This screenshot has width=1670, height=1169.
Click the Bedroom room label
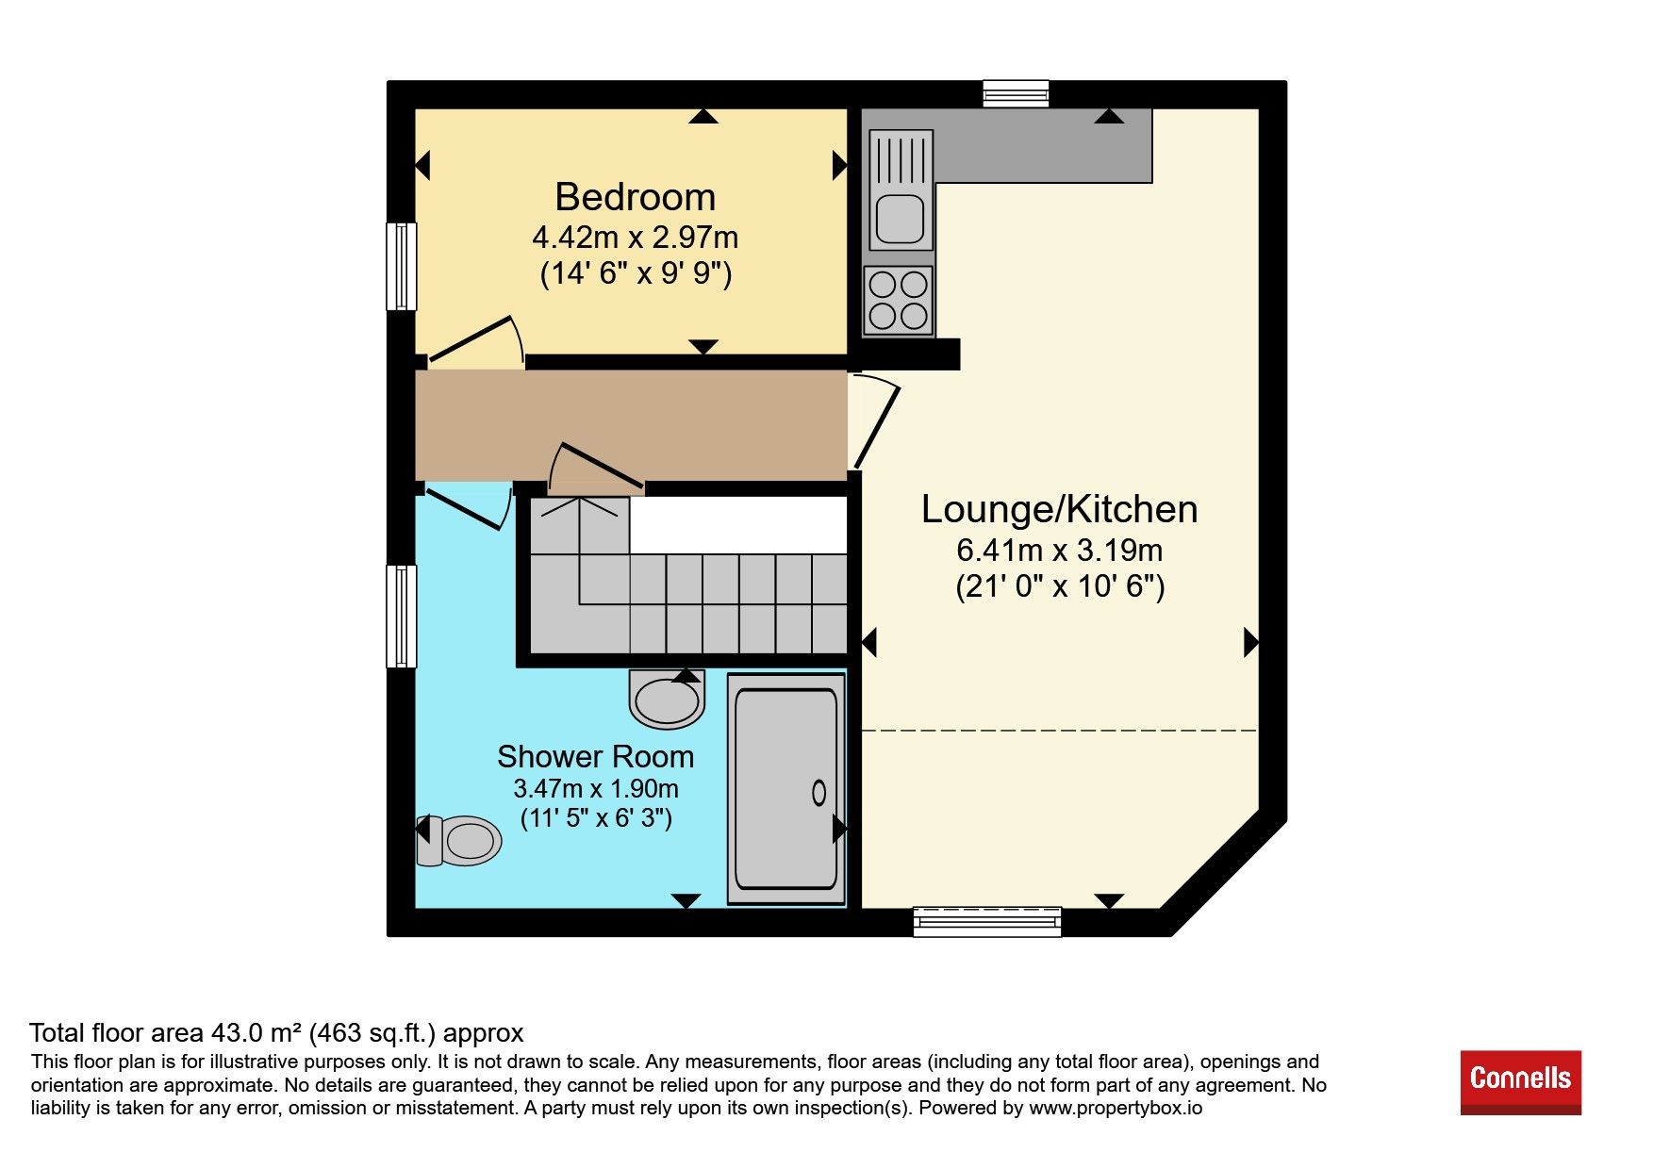point(635,197)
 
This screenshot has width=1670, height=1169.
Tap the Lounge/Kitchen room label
point(1059,509)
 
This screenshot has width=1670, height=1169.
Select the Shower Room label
point(595,756)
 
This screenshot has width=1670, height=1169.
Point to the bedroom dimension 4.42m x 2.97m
point(635,237)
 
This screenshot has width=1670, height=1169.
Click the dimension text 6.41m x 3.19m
point(1059,550)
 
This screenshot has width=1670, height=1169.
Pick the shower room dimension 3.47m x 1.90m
point(595,788)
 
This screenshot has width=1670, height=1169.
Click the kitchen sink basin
point(900,219)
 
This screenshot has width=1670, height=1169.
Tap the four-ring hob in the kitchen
point(898,300)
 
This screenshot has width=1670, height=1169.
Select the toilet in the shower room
point(459,839)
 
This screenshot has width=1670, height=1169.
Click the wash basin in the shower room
point(667,699)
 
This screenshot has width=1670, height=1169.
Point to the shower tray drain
point(818,793)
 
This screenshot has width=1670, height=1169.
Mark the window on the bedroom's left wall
point(402,266)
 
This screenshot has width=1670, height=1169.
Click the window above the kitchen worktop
point(1016,93)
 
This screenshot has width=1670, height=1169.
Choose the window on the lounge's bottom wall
point(987,921)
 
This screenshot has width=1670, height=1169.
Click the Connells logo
point(1520,1082)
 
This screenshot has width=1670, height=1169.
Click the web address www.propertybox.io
point(1116,1109)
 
